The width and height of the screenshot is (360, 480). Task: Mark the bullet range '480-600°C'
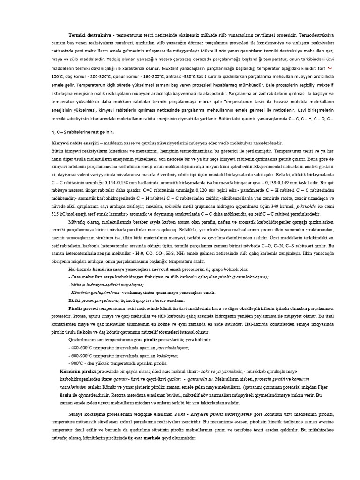point(83,348)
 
